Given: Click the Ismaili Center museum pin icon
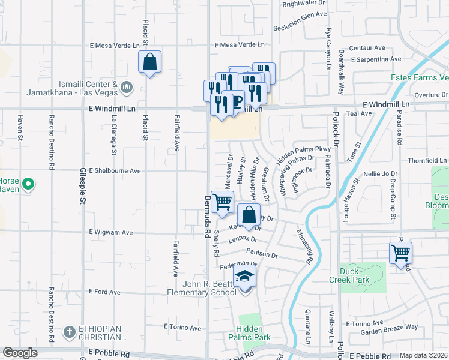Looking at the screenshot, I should click(x=126, y=88).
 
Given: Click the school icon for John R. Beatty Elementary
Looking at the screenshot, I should click(x=245, y=277).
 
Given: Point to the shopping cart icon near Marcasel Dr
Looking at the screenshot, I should click(x=223, y=202).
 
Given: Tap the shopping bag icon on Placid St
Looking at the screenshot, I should click(x=149, y=62).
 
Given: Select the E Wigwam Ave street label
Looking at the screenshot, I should click(x=111, y=232).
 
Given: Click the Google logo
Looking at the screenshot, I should click(x=20, y=353).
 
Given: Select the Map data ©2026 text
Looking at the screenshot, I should click(x=424, y=355).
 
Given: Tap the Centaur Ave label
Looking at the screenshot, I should click(x=370, y=47).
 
